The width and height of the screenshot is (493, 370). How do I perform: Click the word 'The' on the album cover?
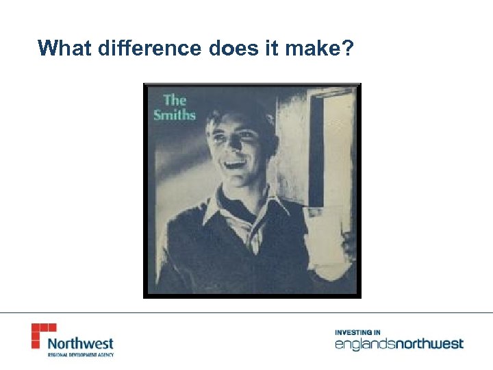[x=175, y=100]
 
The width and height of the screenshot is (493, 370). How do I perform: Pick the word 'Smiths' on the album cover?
[x=175, y=114]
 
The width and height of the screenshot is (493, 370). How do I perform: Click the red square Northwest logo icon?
[x=43, y=335]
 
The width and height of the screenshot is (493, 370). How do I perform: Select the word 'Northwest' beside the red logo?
[x=81, y=343]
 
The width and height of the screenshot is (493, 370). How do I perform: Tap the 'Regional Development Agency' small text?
[x=80, y=355]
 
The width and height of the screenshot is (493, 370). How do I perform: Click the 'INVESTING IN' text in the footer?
[x=358, y=332]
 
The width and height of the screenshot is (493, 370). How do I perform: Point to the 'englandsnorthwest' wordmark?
[x=399, y=344]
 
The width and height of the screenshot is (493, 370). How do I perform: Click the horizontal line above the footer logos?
[x=246, y=313]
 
